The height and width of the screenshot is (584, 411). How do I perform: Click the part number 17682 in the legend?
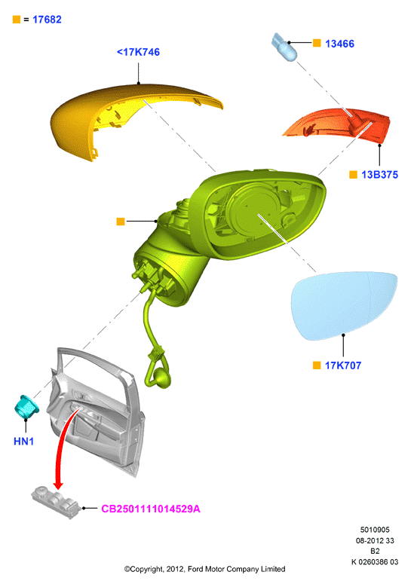click(x=47, y=20)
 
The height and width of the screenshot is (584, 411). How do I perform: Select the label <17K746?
click(x=138, y=52)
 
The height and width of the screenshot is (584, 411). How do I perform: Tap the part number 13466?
click(x=339, y=44)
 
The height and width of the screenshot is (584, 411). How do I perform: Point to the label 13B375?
click(x=379, y=175)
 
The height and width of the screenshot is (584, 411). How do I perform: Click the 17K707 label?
click(x=343, y=365)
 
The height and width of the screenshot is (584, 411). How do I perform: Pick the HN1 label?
click(x=23, y=442)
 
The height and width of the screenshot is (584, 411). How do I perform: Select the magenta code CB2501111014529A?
click(x=151, y=509)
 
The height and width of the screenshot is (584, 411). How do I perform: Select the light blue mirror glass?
click(x=345, y=305)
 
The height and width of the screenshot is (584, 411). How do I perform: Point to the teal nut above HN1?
click(x=26, y=406)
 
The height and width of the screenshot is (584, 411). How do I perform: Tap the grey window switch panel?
click(x=56, y=502)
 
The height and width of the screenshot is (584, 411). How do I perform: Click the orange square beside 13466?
click(x=317, y=43)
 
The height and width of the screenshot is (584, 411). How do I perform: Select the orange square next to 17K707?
click(x=317, y=365)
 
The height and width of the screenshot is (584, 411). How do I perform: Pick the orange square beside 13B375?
click(x=353, y=175)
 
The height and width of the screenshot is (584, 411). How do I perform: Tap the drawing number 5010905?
click(x=375, y=530)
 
